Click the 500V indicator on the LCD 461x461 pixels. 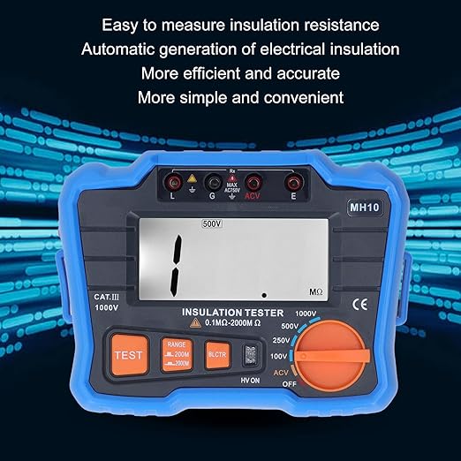point(213,224)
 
